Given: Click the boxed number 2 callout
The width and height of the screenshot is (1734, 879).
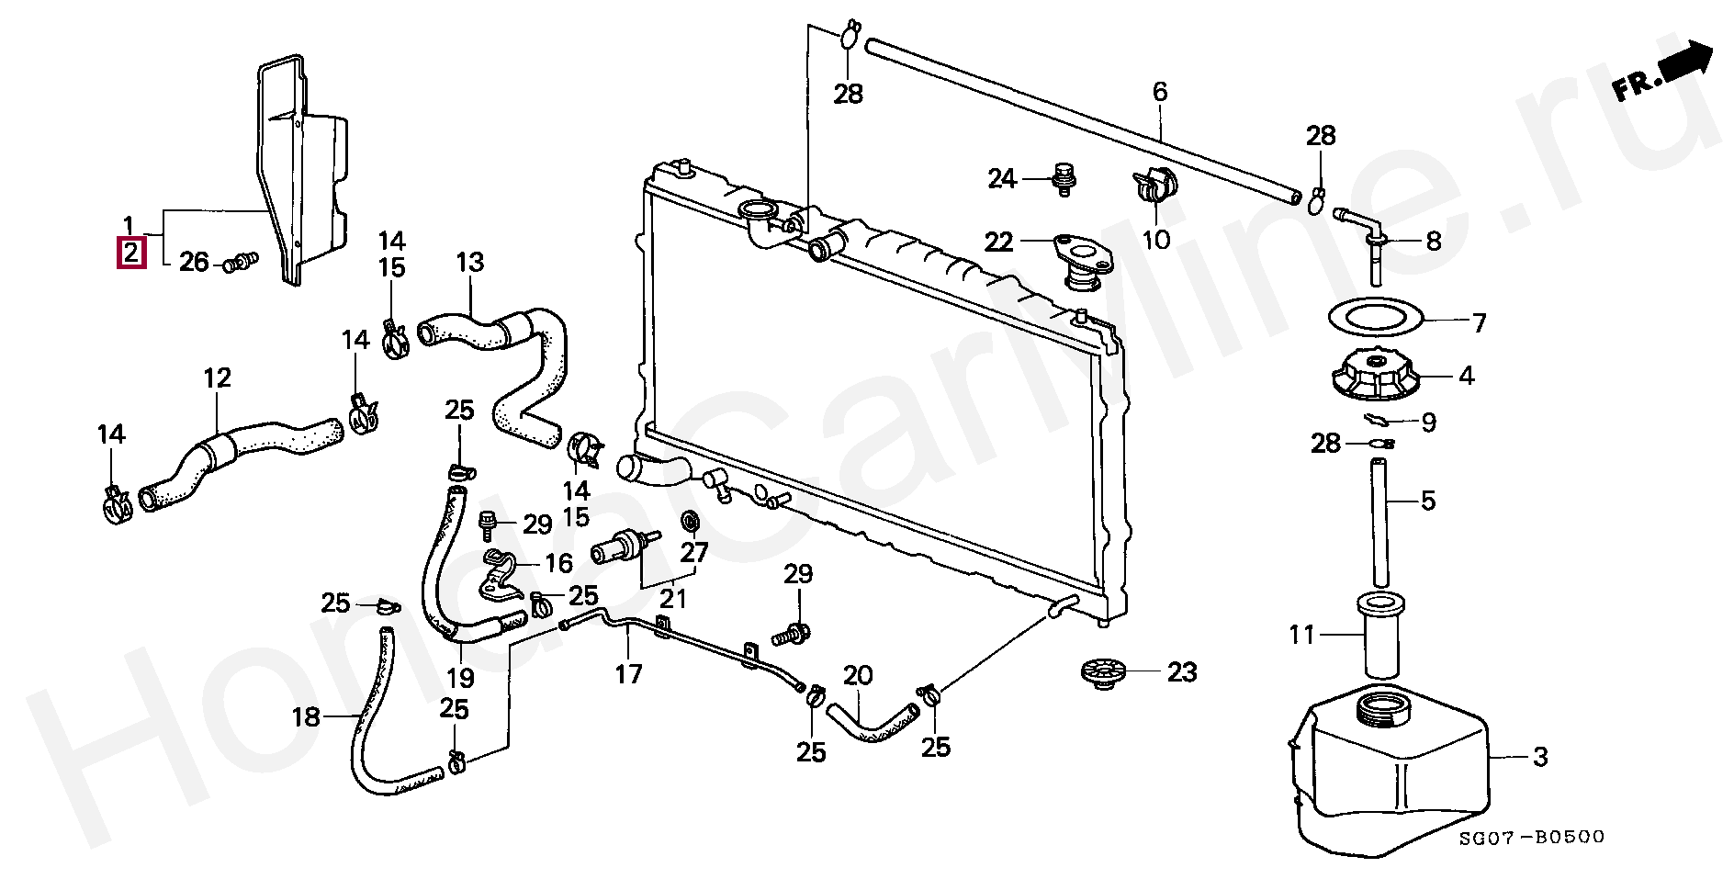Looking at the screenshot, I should pos(131,252).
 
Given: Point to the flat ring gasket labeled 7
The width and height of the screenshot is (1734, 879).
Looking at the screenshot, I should pos(1375,318).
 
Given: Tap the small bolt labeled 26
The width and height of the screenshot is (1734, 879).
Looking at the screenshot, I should pos(240,264).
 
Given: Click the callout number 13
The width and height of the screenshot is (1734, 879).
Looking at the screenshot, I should pos(469,263).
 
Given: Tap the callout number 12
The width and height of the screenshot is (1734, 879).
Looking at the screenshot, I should pos(217,378).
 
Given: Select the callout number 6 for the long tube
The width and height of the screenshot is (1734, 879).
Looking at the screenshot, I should pos(1159,92).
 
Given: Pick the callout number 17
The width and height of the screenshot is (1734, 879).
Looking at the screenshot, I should pos(628,674).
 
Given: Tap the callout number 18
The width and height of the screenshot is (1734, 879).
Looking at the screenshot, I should pos(306,716).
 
